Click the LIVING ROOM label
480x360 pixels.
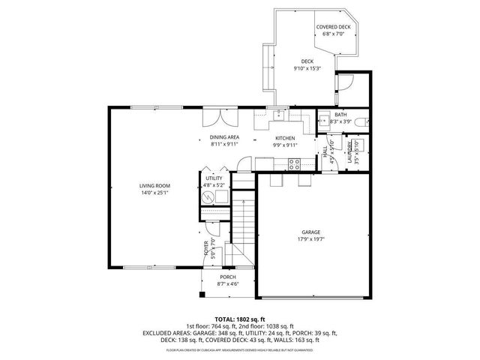(x=154, y=185)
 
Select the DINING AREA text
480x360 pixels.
(x=223, y=138)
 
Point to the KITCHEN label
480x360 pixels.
(x=284, y=138)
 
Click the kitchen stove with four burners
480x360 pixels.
(x=295, y=163)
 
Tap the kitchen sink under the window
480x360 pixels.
(x=278, y=115)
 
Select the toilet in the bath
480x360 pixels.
(x=358, y=121)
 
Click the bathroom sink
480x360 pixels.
(x=323, y=120)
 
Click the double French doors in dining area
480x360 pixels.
(x=217, y=118)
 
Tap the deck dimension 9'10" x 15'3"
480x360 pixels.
(x=307, y=69)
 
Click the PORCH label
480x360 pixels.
(x=228, y=277)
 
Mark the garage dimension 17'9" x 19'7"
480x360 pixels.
(x=311, y=240)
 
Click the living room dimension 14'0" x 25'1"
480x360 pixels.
(x=154, y=193)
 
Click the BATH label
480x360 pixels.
(x=340, y=115)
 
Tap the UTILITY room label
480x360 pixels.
(x=214, y=178)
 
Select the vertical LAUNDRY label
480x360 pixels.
(x=349, y=151)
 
